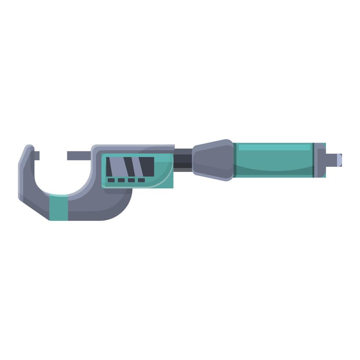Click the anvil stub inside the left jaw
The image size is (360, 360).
37,155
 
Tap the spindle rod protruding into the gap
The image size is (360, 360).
79,155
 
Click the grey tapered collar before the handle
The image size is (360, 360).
213,160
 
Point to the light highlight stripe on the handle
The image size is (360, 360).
274,147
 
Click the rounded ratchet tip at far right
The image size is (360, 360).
339,160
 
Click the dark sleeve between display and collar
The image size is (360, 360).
183,160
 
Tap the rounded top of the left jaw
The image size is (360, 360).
28,148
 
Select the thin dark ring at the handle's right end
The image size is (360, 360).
313,160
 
